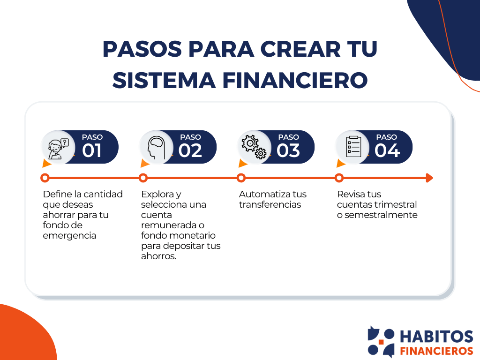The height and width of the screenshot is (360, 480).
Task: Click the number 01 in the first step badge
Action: coord(92,151)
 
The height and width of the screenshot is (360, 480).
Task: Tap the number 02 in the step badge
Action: coord(190,151)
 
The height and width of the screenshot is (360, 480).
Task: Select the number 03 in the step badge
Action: coord(288,151)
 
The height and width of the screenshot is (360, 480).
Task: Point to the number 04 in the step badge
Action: coord(387,151)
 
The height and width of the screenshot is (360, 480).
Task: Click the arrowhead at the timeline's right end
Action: coord(429,178)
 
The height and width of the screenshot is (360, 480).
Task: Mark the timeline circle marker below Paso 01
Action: coord(45,178)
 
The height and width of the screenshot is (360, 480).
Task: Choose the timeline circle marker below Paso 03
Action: coord(241,178)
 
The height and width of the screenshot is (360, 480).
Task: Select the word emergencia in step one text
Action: coord(69,236)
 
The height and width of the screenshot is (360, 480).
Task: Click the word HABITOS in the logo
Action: coord(436,337)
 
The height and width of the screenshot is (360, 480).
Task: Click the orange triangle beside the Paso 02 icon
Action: coord(145,164)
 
